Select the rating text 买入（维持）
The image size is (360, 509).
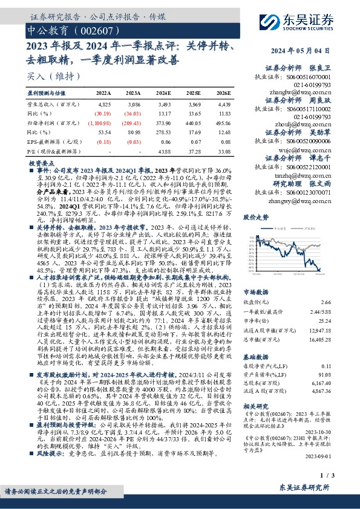click(x=49, y=76)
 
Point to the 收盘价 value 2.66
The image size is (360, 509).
click(x=343, y=301)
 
